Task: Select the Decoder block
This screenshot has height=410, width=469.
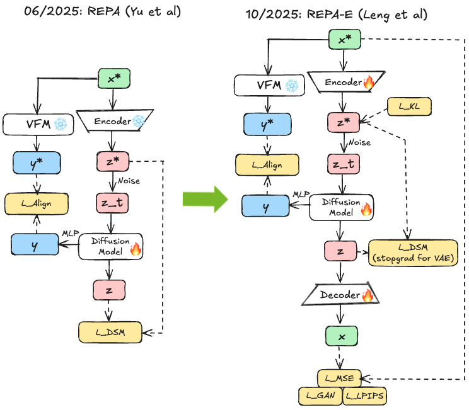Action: (x=341, y=295)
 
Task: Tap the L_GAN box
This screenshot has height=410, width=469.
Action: (x=319, y=396)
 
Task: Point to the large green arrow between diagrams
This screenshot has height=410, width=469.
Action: (x=204, y=198)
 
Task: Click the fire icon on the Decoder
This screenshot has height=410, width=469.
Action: (x=368, y=295)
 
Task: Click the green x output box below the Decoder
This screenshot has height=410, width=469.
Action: (x=341, y=336)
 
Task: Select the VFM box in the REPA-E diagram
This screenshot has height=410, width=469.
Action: (x=265, y=86)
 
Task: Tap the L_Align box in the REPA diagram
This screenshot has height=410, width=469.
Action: (x=35, y=203)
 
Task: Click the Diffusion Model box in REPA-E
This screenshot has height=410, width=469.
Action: (x=341, y=207)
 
